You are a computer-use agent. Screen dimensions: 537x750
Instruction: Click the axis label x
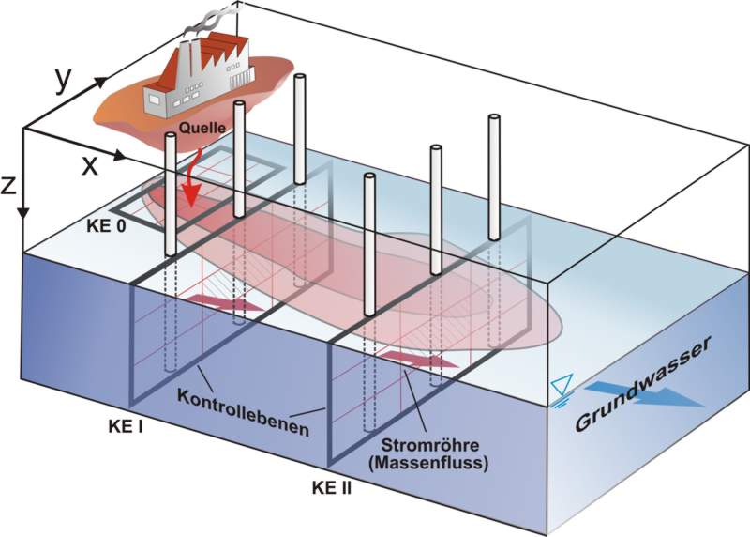pos(90,165)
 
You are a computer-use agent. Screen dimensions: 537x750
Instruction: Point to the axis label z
pos(9,185)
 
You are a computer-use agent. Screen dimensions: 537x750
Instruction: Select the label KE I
pos(127,425)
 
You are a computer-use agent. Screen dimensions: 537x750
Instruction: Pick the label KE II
pos(332,488)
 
